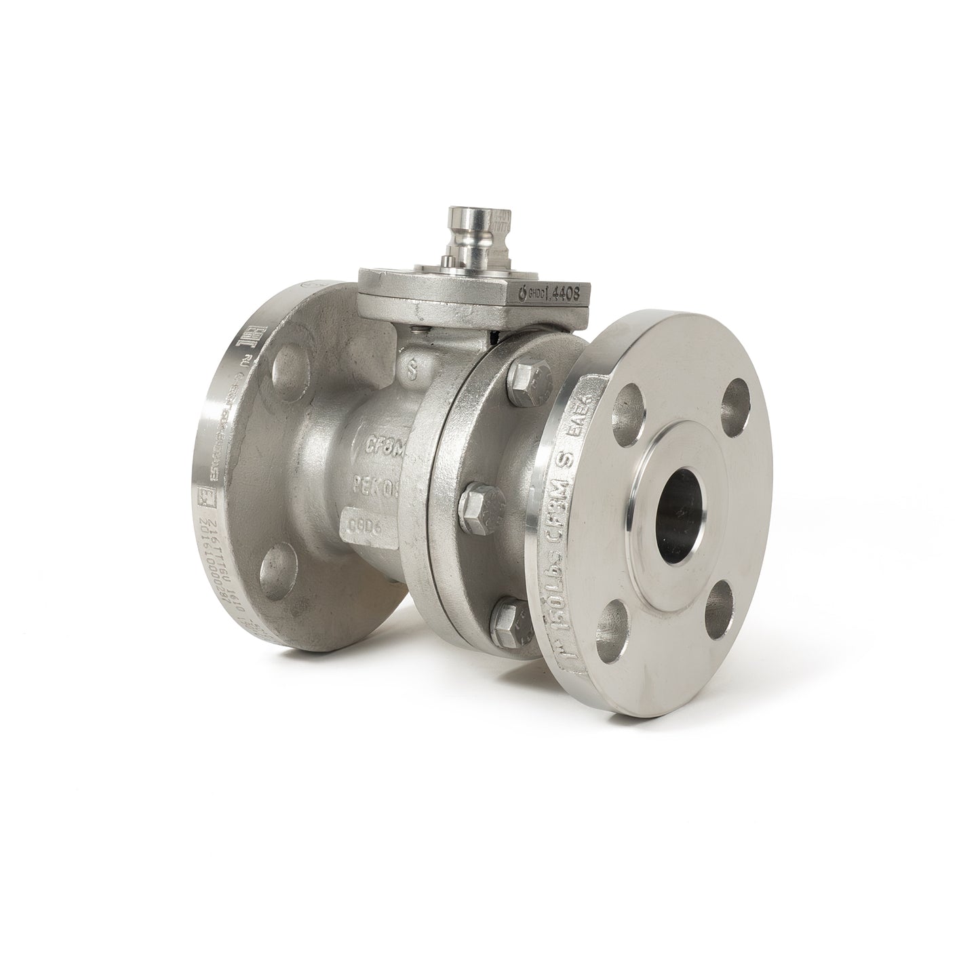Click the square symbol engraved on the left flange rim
click(203, 497)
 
